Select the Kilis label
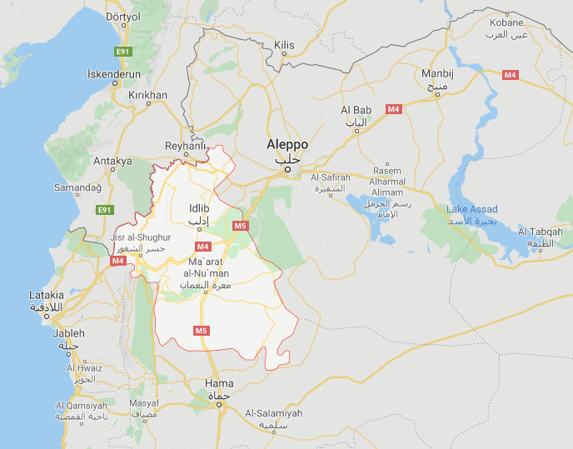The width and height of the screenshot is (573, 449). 285,43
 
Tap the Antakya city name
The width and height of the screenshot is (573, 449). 113,161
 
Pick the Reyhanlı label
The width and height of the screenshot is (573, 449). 185,146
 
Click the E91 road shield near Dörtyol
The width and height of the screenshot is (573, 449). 124,52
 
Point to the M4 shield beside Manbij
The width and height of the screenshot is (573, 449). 511,75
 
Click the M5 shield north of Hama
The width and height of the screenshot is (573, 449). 201,331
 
